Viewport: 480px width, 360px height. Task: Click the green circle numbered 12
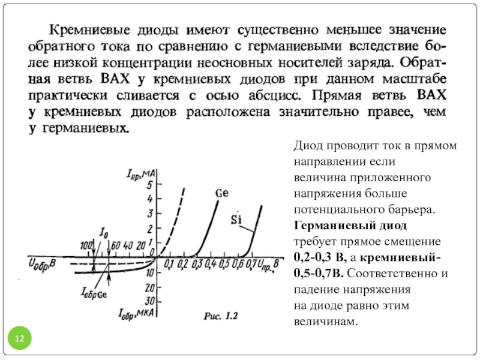coord(20,338)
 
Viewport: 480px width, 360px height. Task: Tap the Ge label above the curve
coord(222,193)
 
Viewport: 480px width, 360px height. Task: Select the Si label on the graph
coord(236,219)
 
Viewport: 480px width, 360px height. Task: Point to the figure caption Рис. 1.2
coord(221,316)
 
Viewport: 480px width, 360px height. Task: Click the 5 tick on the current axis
coord(149,185)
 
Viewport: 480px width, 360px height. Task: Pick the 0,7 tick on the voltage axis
coord(251,263)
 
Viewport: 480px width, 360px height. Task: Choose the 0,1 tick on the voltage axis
coord(169,264)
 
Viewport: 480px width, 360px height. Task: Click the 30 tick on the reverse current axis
coord(150,301)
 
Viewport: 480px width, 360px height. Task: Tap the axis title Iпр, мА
coord(141,175)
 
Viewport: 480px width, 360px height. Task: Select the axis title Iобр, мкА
coord(136,314)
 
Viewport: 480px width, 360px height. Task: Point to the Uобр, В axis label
coord(42,265)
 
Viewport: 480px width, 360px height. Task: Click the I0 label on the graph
coord(104,233)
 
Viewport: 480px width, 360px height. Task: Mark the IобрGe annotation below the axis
coord(94,293)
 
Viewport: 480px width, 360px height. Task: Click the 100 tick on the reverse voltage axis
coord(86,245)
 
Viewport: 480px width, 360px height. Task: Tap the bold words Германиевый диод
coord(350,226)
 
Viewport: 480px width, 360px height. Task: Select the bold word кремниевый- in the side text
coord(400,258)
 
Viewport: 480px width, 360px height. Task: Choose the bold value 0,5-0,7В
coord(319,273)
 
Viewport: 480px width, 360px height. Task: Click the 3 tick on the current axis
coord(149,214)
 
